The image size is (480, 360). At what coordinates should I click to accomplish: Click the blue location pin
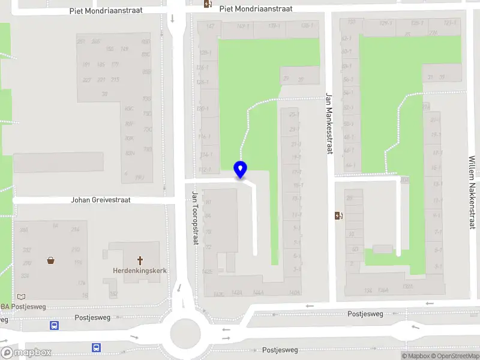240,169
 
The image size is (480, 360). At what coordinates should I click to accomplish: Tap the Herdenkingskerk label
140,271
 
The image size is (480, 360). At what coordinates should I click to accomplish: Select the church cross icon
140,260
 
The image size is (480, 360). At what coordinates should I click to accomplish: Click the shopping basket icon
51,260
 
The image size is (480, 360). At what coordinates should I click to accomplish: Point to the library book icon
22,296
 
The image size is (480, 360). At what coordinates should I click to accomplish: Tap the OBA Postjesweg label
24,307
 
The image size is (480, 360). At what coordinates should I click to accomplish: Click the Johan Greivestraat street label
101,200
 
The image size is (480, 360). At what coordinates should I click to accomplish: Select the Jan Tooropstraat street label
195,218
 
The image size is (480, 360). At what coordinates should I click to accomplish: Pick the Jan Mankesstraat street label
329,123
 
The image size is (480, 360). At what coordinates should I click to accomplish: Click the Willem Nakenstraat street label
472,192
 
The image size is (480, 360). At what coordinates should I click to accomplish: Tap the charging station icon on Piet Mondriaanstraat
208,4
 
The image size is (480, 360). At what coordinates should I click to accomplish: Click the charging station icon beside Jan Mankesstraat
338,216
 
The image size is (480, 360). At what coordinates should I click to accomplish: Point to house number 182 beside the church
113,294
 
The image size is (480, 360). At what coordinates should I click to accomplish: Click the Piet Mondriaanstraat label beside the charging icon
256,9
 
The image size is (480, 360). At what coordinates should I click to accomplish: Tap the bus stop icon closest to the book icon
54,326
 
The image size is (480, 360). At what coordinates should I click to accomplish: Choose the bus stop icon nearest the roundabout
96,347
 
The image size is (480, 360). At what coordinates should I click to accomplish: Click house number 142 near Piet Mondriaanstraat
210,26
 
